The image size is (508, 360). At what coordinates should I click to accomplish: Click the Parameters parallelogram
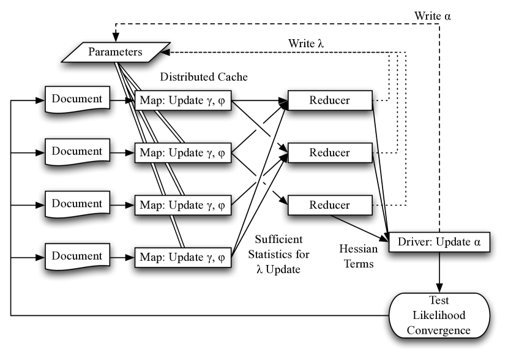pos(116,52)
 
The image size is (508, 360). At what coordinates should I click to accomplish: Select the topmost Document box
pos(78,99)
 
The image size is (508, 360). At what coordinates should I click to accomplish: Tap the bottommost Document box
pos(78,257)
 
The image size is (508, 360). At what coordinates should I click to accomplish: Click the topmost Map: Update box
pos(183,100)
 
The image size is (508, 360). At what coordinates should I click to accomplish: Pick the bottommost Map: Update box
pos(183,258)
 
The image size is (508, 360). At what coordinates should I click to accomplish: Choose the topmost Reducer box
pos(330,100)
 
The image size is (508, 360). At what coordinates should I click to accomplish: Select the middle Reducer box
pos(330,152)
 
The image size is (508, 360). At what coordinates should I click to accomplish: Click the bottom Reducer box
pos(330,205)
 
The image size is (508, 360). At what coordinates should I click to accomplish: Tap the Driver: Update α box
pos(439,242)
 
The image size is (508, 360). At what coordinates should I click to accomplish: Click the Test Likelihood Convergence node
pos(439,315)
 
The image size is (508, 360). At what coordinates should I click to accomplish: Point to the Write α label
pos(433,16)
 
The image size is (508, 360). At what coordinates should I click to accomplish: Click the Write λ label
pos(306,43)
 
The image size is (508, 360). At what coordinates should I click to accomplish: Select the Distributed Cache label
pos(204,77)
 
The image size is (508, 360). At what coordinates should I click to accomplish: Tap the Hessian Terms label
pos(359,257)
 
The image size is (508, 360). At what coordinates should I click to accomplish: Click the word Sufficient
pos(278,239)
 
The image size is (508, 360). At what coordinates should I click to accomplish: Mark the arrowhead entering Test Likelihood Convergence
pos(439,288)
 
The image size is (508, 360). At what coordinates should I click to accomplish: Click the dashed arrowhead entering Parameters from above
pos(116,37)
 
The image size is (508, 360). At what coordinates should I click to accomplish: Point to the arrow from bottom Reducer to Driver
pos(359,228)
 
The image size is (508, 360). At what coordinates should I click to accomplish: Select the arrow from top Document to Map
pos(122,100)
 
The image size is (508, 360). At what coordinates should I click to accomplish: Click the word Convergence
pos(439,330)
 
